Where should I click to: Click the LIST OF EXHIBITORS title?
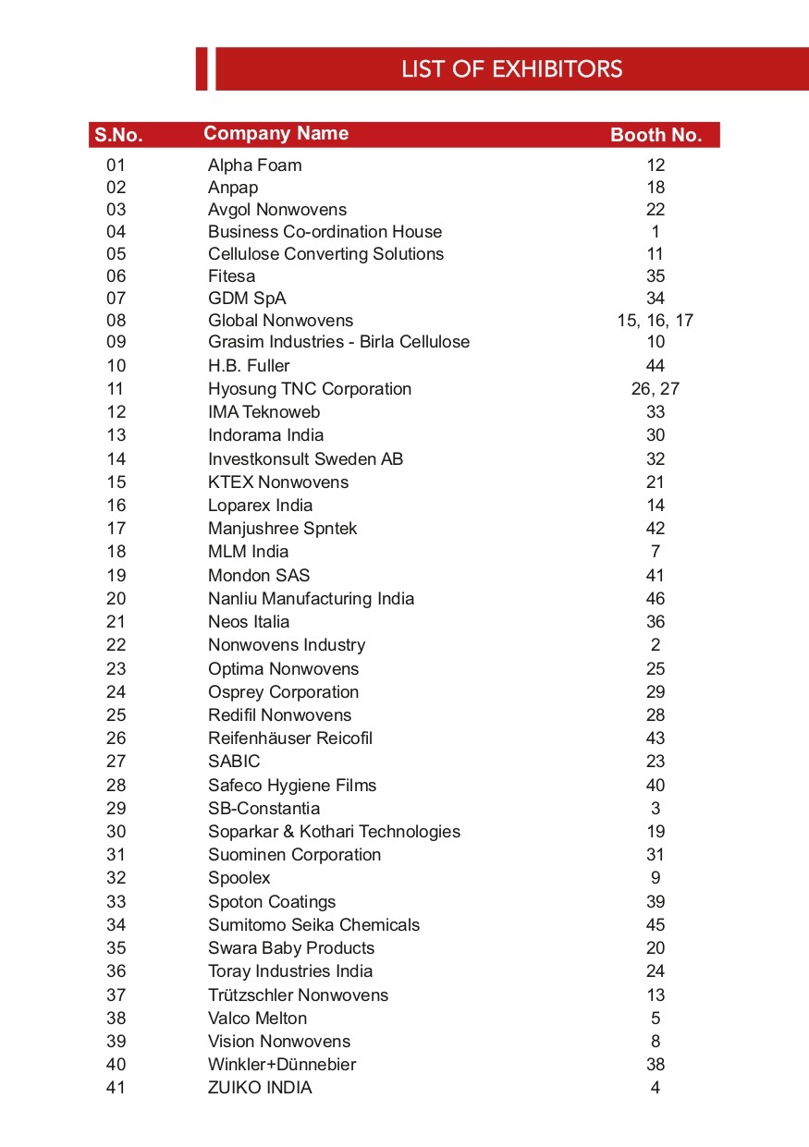[x=511, y=69]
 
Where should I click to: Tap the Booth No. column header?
[x=656, y=135]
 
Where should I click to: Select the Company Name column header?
[x=276, y=133]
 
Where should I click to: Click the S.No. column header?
[x=118, y=135]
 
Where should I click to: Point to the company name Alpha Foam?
[x=254, y=165]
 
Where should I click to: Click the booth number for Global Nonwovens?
[x=656, y=321]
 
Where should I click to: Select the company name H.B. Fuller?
[x=249, y=366]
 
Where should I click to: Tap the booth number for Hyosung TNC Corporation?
[x=656, y=389]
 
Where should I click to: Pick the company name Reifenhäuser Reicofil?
[x=289, y=738]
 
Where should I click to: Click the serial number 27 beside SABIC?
[x=116, y=762]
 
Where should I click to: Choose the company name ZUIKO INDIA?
[x=260, y=1088]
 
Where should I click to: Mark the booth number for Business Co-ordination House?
[x=656, y=232]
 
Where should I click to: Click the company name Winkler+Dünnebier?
[x=281, y=1065]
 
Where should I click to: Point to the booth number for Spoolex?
[x=656, y=878]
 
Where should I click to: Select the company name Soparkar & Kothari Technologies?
[x=334, y=832]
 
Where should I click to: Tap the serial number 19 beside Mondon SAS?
[x=116, y=576]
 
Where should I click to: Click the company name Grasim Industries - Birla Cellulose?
[x=338, y=343]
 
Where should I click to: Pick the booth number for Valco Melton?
[x=656, y=1019]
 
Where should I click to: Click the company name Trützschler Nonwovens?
[x=298, y=995]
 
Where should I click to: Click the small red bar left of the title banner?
[x=202, y=69]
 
